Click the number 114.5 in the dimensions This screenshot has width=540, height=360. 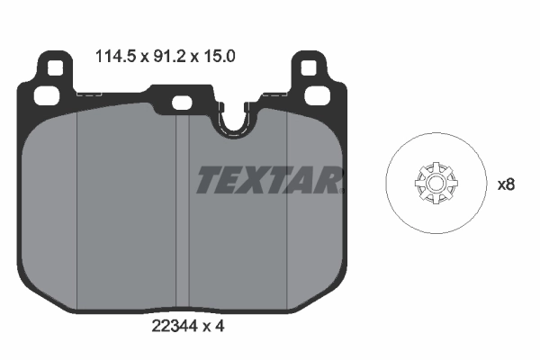[x=112, y=55]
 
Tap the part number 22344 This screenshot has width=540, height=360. [x=174, y=326]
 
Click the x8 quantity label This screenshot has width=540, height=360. [x=506, y=184]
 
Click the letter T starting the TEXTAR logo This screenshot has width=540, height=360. [x=209, y=180]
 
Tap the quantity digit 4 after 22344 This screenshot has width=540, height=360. [x=219, y=326]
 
